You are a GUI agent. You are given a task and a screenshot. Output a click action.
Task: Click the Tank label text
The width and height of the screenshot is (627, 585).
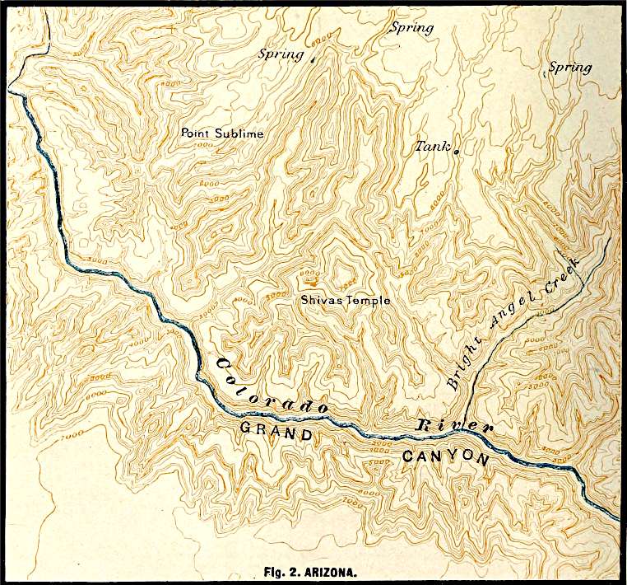click(430, 145)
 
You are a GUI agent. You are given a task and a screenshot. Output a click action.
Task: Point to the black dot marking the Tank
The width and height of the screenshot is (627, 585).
click(454, 150)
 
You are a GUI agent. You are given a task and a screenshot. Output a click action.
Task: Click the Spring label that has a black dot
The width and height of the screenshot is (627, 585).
click(281, 54)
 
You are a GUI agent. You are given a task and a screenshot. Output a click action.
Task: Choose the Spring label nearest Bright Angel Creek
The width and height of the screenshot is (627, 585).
click(569, 68)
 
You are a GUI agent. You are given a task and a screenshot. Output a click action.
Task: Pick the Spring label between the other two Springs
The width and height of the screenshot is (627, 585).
click(411, 28)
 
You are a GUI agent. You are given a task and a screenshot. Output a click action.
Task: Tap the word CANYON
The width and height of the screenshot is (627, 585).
click(444, 458)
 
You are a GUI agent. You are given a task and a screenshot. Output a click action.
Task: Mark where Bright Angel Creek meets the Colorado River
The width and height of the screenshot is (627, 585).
click(463, 429)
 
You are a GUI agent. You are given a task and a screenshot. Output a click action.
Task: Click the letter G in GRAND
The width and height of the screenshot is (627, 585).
click(244, 428)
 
